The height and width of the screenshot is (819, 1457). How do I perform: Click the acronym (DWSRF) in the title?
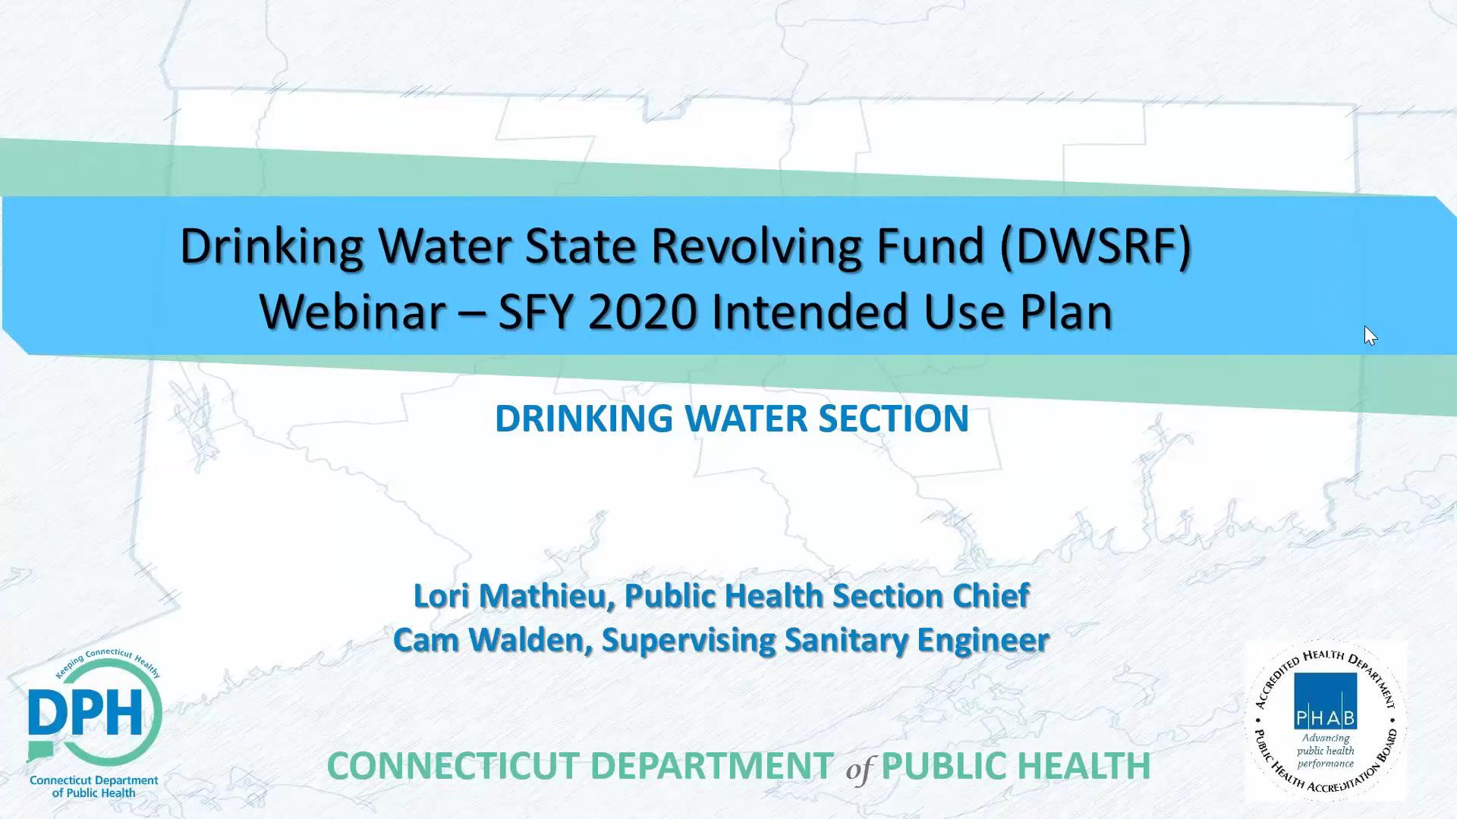point(1095,247)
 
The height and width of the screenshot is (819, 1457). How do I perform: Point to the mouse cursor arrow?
point(1369,334)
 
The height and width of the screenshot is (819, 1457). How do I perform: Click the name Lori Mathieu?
point(512,596)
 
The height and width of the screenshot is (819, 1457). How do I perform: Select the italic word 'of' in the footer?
point(859,770)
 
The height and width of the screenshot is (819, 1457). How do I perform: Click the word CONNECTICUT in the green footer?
point(453,766)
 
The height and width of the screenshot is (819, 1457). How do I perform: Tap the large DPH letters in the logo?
point(85,713)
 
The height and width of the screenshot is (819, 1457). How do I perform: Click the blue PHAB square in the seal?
point(1325,701)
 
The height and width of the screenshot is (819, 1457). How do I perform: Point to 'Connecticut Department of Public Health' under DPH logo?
point(93,786)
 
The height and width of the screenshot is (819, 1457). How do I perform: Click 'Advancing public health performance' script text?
point(1325,751)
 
